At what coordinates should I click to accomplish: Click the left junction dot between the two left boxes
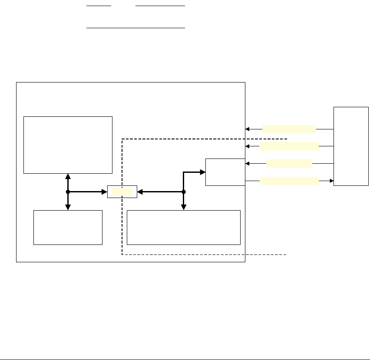coord(68,192)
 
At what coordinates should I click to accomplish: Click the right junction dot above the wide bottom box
coord(184,192)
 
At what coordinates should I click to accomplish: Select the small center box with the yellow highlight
coord(122,192)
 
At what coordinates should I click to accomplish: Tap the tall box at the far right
coord(351,146)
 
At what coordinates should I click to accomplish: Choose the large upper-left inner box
coord(68,145)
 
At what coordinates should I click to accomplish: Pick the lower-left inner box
coord(68,228)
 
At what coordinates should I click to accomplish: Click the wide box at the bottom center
coord(184,228)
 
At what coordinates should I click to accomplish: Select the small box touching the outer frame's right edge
coord(225,172)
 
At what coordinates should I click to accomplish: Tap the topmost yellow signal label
coord(289,129)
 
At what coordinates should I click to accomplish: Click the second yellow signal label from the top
coord(289,146)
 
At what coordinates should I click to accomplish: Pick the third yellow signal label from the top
coord(289,163)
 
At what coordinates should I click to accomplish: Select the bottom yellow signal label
coord(289,181)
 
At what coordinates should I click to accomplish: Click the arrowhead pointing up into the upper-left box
coord(68,176)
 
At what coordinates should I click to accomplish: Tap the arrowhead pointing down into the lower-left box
coord(68,207)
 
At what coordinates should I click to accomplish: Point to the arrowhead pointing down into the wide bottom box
coord(184,207)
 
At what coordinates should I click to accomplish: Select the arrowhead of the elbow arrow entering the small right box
coord(202,172)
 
